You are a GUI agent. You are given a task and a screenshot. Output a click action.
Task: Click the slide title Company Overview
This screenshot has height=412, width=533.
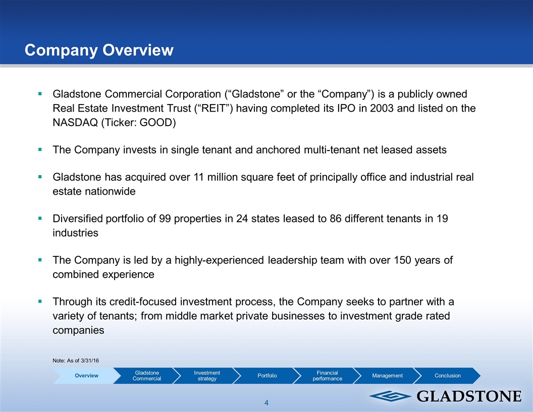pyautogui.click(x=99, y=50)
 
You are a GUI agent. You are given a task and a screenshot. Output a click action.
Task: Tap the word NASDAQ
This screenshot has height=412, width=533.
pyautogui.click(x=75, y=122)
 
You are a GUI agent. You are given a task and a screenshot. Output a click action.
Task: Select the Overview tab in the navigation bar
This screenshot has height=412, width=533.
pyautogui.click(x=87, y=376)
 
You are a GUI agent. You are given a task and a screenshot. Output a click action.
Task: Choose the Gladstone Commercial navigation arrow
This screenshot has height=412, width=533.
pyautogui.click(x=147, y=376)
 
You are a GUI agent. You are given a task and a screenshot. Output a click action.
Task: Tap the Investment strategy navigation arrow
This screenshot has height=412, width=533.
pyautogui.click(x=207, y=376)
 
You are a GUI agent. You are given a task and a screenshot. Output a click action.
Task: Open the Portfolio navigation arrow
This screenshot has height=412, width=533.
pyautogui.click(x=267, y=376)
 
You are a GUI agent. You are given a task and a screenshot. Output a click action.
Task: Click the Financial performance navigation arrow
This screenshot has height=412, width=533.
pyautogui.click(x=328, y=376)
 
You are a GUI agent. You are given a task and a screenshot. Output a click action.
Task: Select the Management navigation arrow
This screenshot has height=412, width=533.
pyautogui.click(x=388, y=376)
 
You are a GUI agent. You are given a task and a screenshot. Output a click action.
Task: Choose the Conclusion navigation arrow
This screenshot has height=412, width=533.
pyautogui.click(x=448, y=376)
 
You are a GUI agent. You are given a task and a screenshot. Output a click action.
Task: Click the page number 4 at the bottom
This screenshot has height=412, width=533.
pyautogui.click(x=266, y=403)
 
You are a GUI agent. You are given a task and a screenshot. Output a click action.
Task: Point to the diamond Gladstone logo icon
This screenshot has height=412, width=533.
pyautogui.click(x=390, y=396)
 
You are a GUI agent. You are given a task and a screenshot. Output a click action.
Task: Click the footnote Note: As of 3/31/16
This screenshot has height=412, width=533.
pyautogui.click(x=76, y=360)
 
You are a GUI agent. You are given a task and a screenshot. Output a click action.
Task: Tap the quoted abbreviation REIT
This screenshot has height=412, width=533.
pyautogui.click(x=214, y=108)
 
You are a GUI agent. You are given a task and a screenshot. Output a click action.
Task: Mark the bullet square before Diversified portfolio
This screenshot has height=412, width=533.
pyautogui.click(x=40, y=218)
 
